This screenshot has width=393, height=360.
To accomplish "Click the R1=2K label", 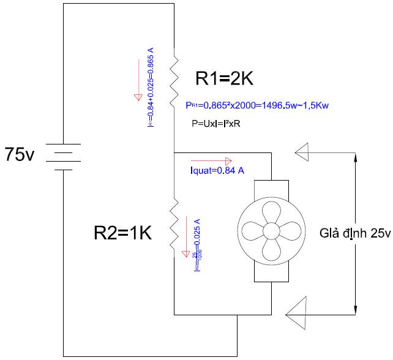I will (224, 79).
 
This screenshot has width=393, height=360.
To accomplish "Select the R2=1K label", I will (122, 233).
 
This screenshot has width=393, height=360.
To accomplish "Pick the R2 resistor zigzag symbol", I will (174, 224).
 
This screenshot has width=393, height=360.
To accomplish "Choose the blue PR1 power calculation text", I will (257, 105).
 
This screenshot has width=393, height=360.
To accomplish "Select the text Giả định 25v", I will (354, 233).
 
